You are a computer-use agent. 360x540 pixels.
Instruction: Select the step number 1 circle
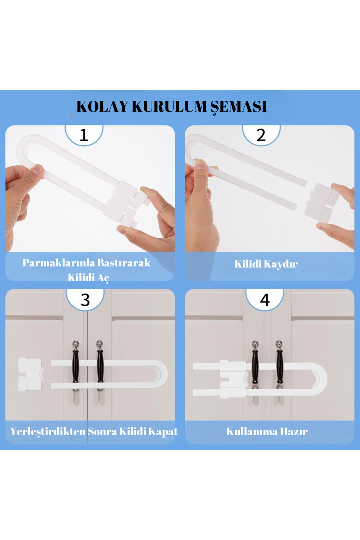pyautogui.click(x=84, y=135)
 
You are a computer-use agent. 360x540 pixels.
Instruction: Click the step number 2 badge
pyautogui.click(x=261, y=135)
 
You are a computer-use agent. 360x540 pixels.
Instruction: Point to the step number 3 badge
pyautogui.click(x=85, y=299)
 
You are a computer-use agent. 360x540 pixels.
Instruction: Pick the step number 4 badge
pyautogui.click(x=265, y=299)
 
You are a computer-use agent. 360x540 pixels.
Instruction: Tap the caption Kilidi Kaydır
pyautogui.click(x=266, y=264)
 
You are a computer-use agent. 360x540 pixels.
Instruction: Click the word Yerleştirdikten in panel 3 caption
pyautogui.click(x=48, y=432)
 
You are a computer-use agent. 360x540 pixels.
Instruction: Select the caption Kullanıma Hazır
pyautogui.click(x=267, y=432)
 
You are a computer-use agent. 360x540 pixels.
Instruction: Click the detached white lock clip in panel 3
pyautogui.click(x=30, y=374)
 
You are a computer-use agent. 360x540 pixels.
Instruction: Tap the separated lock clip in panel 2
pyautogui.click(x=321, y=202)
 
